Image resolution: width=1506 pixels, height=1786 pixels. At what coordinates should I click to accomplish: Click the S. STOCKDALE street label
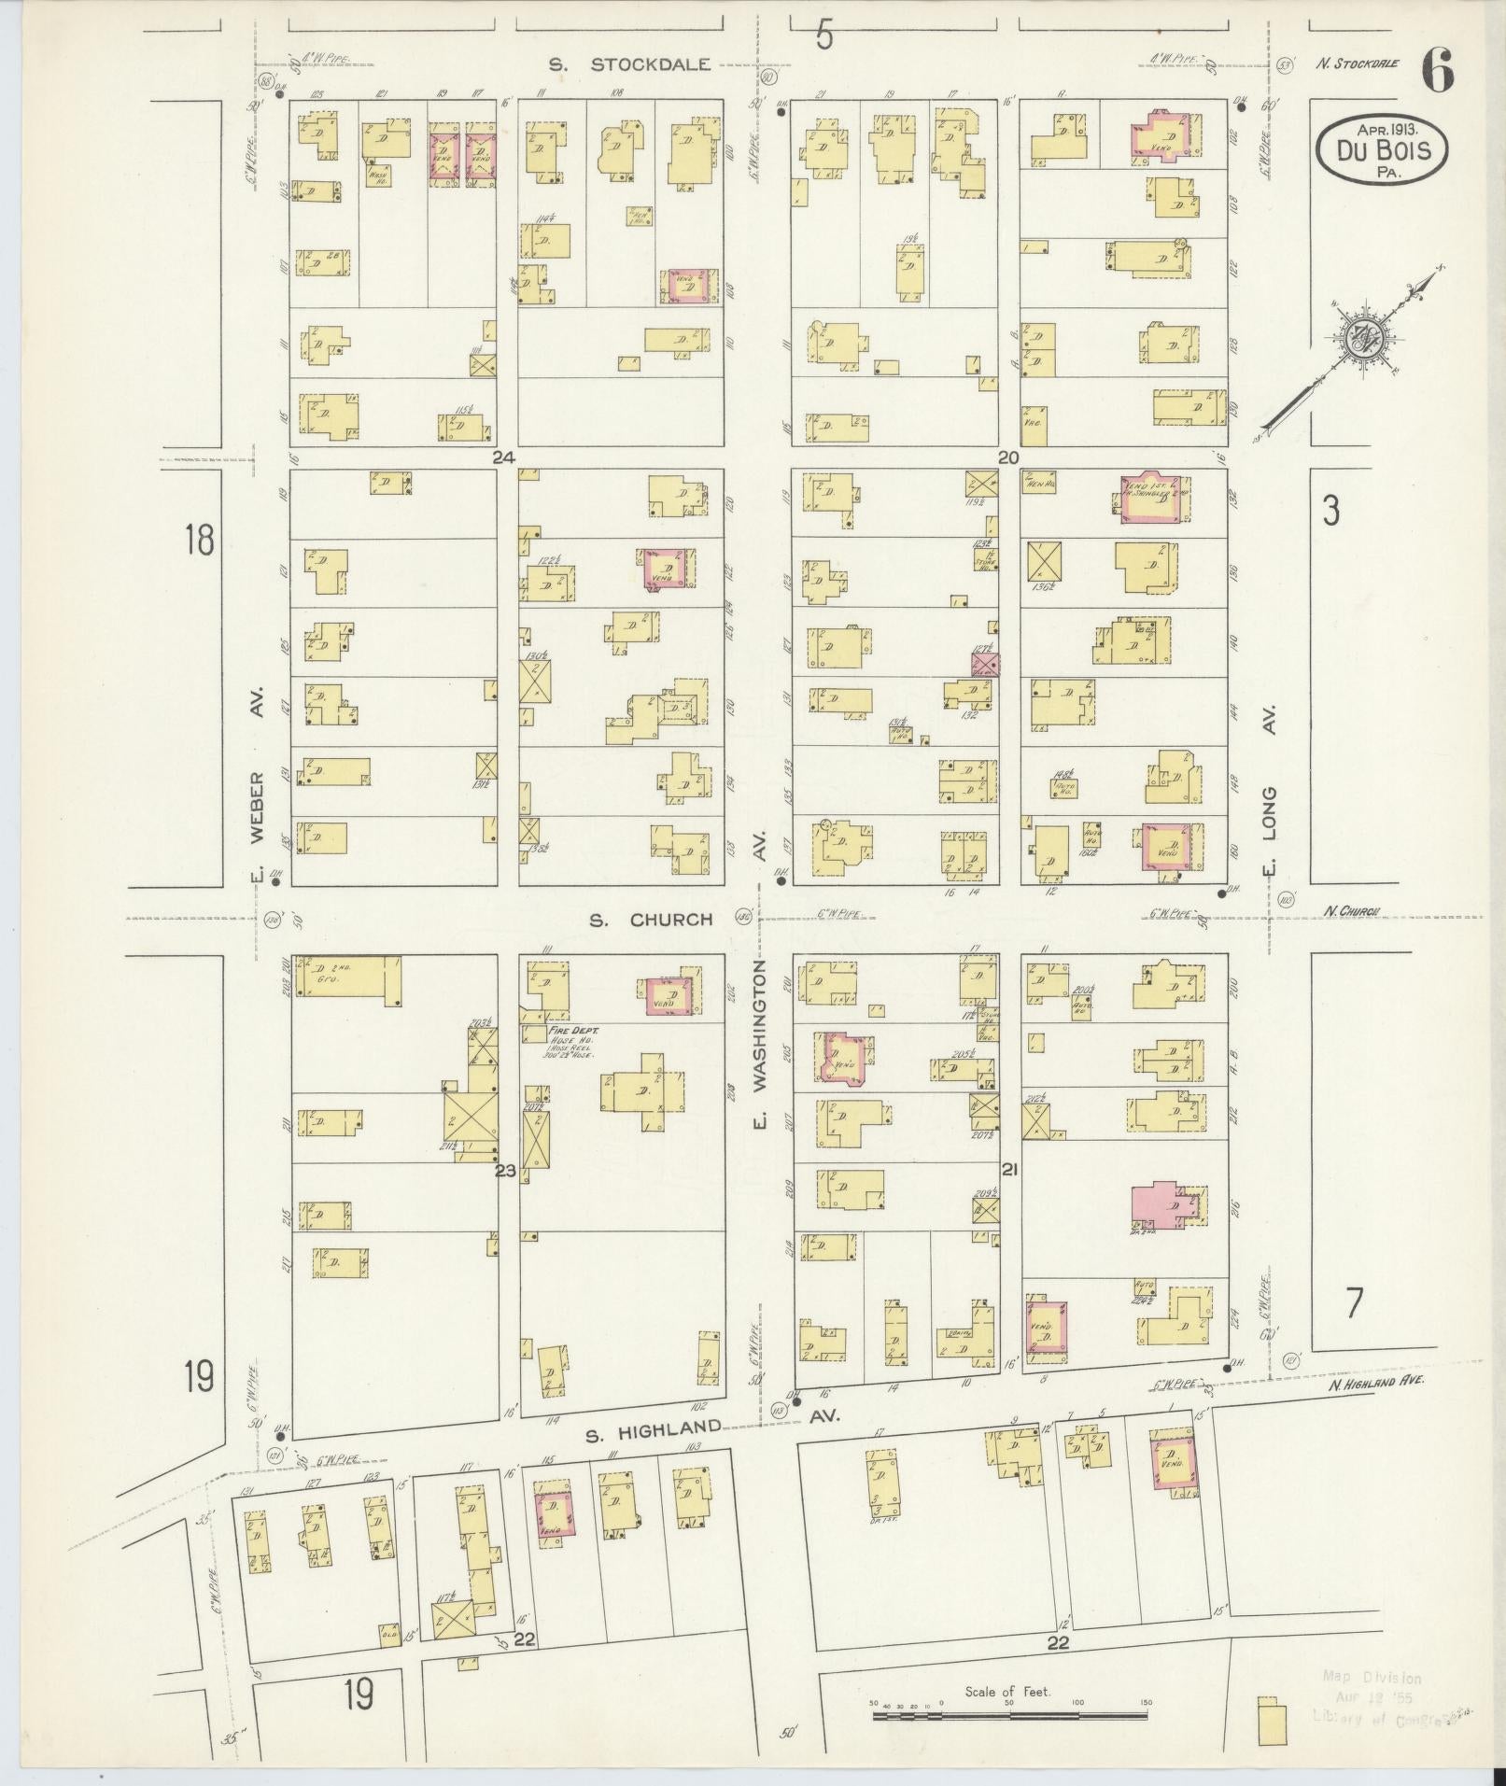[x=629, y=64]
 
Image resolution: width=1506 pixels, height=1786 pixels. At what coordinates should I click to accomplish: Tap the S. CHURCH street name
[x=651, y=920]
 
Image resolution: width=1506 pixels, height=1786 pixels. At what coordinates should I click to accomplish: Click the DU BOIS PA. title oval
[x=1383, y=149]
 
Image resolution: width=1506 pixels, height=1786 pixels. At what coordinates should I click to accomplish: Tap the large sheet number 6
[x=1438, y=71]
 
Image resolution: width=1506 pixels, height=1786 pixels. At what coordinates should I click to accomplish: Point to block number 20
[x=1007, y=457]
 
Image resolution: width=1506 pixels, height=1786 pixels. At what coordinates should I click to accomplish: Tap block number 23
[x=505, y=1170]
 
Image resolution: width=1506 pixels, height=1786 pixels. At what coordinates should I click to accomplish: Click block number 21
[x=1009, y=1170]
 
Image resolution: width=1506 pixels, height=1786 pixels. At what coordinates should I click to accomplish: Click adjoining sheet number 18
[x=199, y=540]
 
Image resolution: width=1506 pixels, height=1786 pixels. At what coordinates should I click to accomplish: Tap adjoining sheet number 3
[x=1330, y=511]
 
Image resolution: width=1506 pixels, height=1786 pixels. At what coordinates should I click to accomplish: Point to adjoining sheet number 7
[x=1354, y=1301]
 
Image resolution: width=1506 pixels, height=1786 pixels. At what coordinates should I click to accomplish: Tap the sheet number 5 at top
[x=823, y=35]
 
